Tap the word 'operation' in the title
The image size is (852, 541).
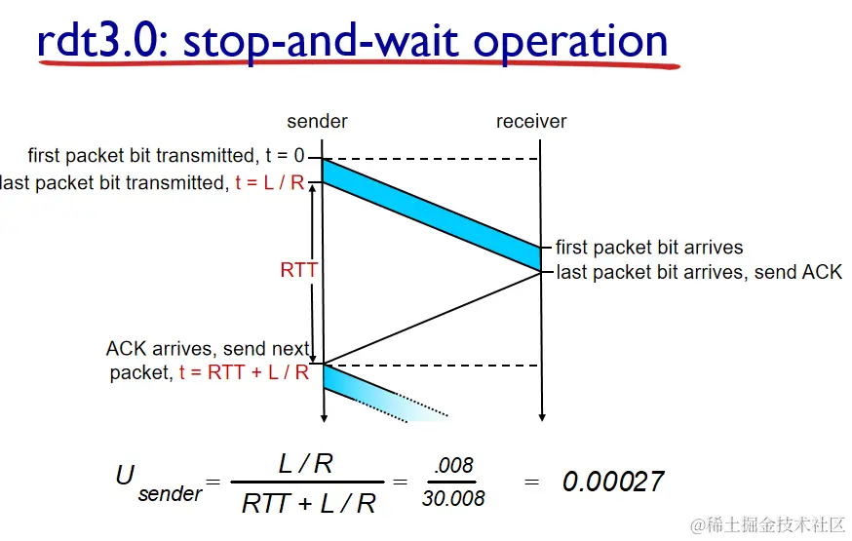coord(570,45)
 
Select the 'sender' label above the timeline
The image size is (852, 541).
coord(318,121)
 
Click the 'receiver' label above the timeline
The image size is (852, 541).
coord(531,121)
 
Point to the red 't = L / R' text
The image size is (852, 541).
coord(269,182)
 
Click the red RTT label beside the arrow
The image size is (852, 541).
coord(298,269)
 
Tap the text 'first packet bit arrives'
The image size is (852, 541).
coord(649,248)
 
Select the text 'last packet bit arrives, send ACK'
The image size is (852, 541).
coord(699,272)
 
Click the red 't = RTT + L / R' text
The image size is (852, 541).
coord(244,372)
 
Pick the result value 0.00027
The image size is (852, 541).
coord(613,482)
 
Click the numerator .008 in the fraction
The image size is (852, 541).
coord(453,466)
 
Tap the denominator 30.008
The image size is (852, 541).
coord(453,498)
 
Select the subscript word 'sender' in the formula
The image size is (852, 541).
coord(170,494)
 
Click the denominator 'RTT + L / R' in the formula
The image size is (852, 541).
coord(309,504)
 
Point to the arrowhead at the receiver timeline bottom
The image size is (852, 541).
coord(542,417)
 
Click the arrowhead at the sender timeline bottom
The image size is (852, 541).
coord(324,418)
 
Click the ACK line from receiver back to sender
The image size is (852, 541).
coord(433,318)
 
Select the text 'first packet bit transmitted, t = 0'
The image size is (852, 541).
coord(167,155)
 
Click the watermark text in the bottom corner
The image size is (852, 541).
coord(767,524)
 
